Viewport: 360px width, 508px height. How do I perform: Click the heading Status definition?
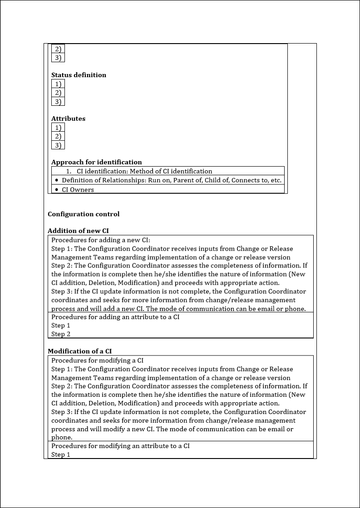point(79,75)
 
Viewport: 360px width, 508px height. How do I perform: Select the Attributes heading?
point(68,118)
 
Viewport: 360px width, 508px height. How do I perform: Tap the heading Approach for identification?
point(96,162)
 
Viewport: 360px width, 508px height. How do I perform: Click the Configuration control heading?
point(84,214)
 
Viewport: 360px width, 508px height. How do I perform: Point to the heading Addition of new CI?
point(78,231)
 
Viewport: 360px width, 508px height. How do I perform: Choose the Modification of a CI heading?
point(79,351)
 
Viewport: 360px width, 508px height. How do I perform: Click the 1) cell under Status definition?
point(58,84)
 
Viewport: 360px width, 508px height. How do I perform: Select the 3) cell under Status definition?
point(58,102)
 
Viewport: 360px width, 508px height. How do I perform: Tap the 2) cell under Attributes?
point(58,136)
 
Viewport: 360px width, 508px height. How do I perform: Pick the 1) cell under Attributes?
point(58,128)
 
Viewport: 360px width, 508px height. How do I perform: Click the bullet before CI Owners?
point(56,189)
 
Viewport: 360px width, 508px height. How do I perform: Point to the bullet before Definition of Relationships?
point(56,180)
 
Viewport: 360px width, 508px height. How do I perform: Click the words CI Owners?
point(78,190)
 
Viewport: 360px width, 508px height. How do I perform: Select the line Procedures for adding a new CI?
point(100,240)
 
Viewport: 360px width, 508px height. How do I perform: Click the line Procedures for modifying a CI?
point(97,360)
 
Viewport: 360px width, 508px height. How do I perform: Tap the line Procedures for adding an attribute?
point(115,317)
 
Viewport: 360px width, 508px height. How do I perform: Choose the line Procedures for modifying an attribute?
point(120,446)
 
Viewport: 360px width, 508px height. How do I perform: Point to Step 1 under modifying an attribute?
point(61,454)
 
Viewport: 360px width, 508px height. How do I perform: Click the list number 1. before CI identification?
point(69,171)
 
